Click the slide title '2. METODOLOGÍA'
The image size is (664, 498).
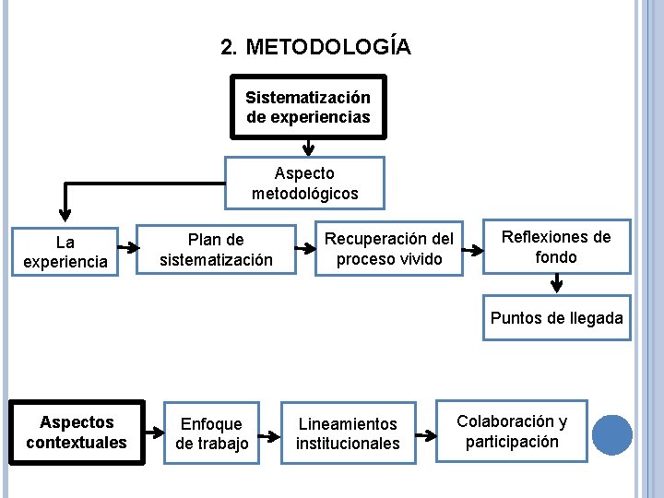click(x=316, y=47)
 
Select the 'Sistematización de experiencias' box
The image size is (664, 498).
click(x=308, y=107)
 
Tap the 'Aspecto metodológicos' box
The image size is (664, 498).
click(x=305, y=184)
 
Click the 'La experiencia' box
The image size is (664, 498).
click(x=65, y=252)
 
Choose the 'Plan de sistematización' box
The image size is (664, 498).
click(x=217, y=250)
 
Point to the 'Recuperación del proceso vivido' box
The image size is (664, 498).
click(x=389, y=248)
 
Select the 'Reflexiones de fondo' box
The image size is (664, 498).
click(x=556, y=246)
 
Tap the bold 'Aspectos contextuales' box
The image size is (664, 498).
click(x=77, y=432)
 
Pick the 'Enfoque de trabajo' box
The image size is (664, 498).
click(x=212, y=433)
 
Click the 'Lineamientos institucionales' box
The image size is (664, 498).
click(x=348, y=433)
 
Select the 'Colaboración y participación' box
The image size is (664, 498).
click(x=512, y=432)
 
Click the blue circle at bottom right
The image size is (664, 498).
click(x=611, y=435)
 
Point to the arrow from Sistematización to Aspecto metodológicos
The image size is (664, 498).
click(x=309, y=147)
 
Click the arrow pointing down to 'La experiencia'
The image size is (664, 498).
click(x=65, y=203)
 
